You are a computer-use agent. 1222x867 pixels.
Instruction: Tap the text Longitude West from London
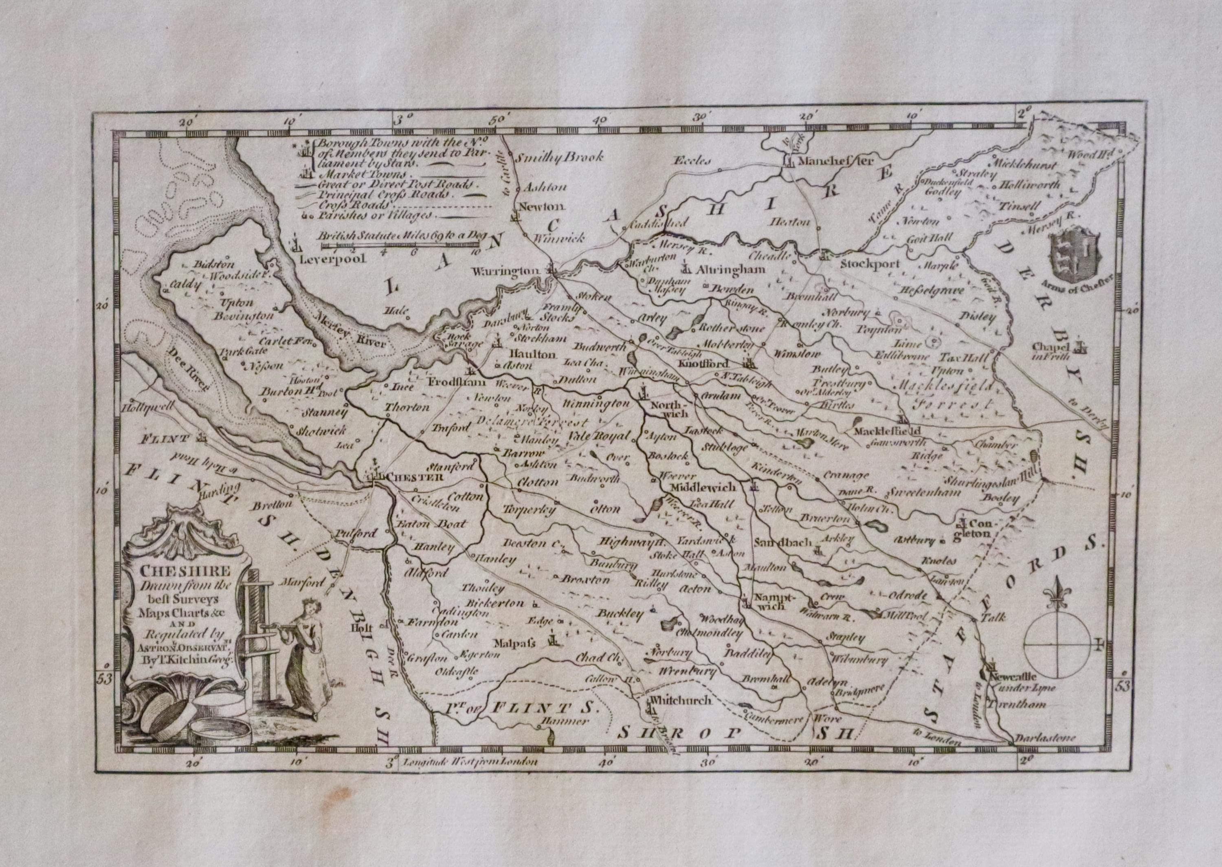click(470, 762)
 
